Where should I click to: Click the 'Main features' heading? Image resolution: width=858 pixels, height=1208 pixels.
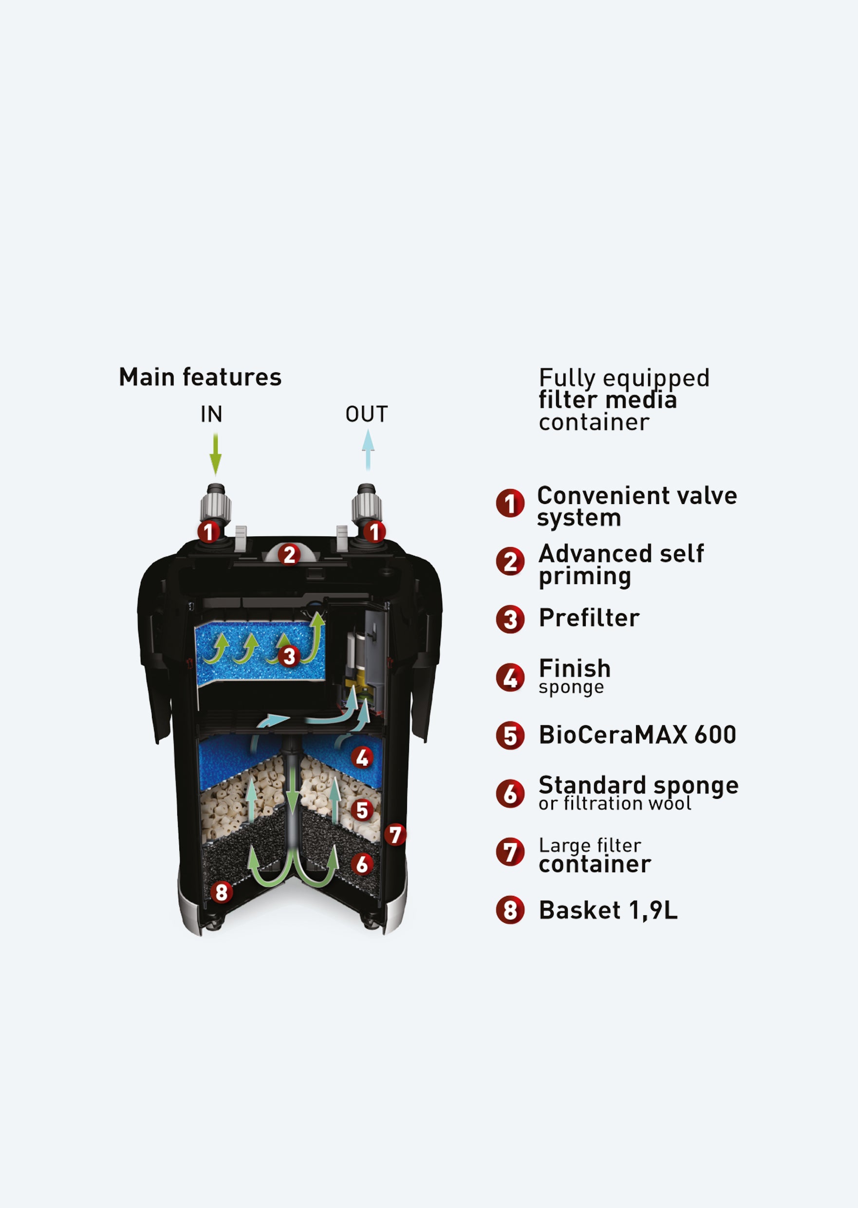[x=200, y=377]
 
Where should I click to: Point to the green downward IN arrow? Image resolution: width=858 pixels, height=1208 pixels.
[x=216, y=454]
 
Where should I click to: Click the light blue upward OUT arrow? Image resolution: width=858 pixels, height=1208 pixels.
[x=368, y=450]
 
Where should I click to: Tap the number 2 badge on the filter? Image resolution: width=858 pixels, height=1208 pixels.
[x=289, y=555]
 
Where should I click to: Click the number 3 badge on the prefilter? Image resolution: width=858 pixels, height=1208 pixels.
[x=289, y=656]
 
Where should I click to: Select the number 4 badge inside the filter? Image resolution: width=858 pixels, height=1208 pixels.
[x=362, y=757]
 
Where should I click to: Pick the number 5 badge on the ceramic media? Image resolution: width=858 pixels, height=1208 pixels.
[x=362, y=810]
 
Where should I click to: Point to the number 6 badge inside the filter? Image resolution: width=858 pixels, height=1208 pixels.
[x=362, y=865]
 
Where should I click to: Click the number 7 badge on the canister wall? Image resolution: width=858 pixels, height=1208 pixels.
[x=395, y=835]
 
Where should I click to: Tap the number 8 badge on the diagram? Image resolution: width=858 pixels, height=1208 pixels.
[x=222, y=892]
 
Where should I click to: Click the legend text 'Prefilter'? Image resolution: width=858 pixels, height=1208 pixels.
[x=589, y=618]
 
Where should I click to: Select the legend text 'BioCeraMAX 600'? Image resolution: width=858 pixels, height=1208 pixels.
[x=637, y=735]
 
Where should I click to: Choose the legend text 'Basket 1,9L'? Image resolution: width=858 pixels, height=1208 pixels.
[x=608, y=910]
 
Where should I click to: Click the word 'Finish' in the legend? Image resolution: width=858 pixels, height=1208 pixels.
[x=575, y=668]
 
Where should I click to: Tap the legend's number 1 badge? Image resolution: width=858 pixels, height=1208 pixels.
[x=510, y=503]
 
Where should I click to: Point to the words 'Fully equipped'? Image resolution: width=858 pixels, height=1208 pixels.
[x=624, y=378]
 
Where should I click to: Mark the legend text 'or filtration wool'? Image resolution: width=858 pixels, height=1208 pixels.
[x=615, y=804]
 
